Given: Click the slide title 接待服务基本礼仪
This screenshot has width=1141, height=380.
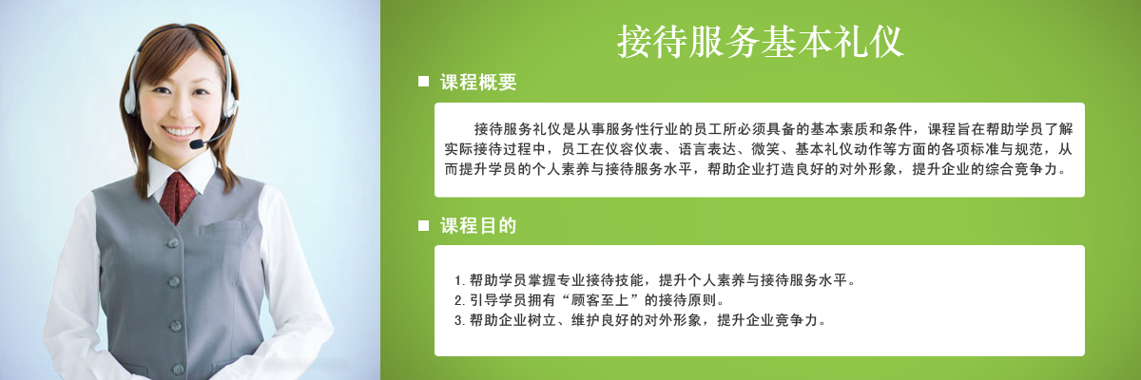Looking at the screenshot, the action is pyautogui.click(x=760, y=42).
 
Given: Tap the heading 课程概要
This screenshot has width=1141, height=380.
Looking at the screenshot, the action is pyautogui.click(x=478, y=82).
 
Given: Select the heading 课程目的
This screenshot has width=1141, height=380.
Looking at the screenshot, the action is pyautogui.click(x=478, y=225).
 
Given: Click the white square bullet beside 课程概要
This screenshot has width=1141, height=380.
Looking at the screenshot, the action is pyautogui.click(x=423, y=82).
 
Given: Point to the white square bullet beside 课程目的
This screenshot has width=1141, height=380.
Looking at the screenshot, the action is pyautogui.click(x=423, y=225).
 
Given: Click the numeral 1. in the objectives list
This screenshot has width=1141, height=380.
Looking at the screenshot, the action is pyautogui.click(x=459, y=280).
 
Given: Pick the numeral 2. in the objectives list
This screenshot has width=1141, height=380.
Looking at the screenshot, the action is pyautogui.click(x=459, y=300).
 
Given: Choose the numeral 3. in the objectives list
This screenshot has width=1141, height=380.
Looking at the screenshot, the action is pyautogui.click(x=459, y=320).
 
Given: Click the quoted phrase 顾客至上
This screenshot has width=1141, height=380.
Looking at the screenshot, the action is pyautogui.click(x=600, y=300).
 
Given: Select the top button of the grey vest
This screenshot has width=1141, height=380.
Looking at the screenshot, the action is pyautogui.click(x=173, y=242).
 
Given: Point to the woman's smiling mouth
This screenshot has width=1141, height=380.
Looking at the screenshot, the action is pyautogui.click(x=180, y=132).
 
